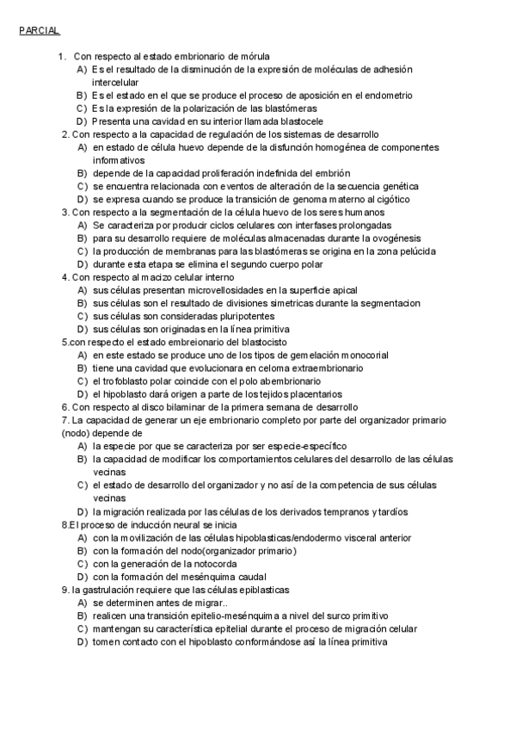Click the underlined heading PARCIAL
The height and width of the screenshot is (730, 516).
point(39,30)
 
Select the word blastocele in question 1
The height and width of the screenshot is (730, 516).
point(300,121)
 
